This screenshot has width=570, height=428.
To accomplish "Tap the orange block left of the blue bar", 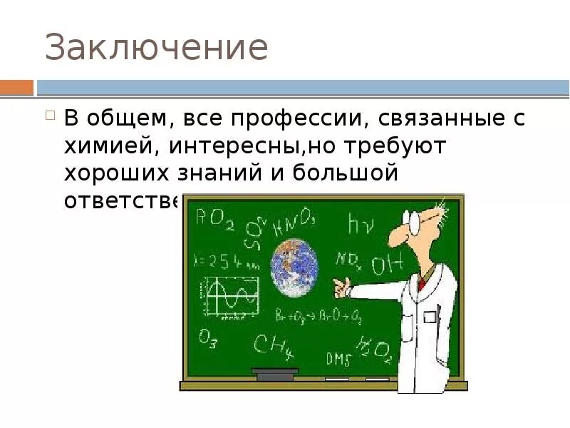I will (16, 88).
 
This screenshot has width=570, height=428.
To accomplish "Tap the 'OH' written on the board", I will (386, 265).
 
